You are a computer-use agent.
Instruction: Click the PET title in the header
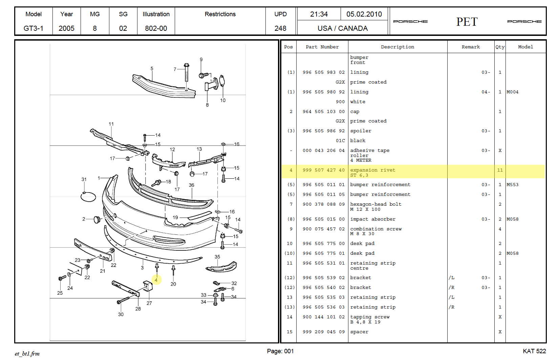(x=467, y=22)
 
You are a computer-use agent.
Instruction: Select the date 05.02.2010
(x=364, y=14)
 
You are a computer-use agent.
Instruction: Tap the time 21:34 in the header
(x=319, y=14)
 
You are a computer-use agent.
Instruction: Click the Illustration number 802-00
(x=156, y=28)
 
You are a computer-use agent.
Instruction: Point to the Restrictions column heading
(x=220, y=14)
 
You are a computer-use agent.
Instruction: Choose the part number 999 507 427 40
(x=323, y=170)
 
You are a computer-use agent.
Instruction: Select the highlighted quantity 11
(x=500, y=170)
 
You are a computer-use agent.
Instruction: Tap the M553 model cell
(x=512, y=185)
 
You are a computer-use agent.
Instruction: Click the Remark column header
(x=471, y=47)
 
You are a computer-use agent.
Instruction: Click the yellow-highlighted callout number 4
(x=156, y=280)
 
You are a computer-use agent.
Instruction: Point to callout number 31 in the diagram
(x=84, y=180)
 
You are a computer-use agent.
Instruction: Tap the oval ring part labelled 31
(x=88, y=197)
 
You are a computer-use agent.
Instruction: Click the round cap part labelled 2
(x=97, y=220)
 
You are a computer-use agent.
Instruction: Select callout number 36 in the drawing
(x=191, y=185)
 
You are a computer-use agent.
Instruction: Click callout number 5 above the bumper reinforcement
(x=152, y=69)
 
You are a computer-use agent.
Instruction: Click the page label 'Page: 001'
(x=280, y=351)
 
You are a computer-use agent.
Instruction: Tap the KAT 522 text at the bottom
(x=534, y=351)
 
